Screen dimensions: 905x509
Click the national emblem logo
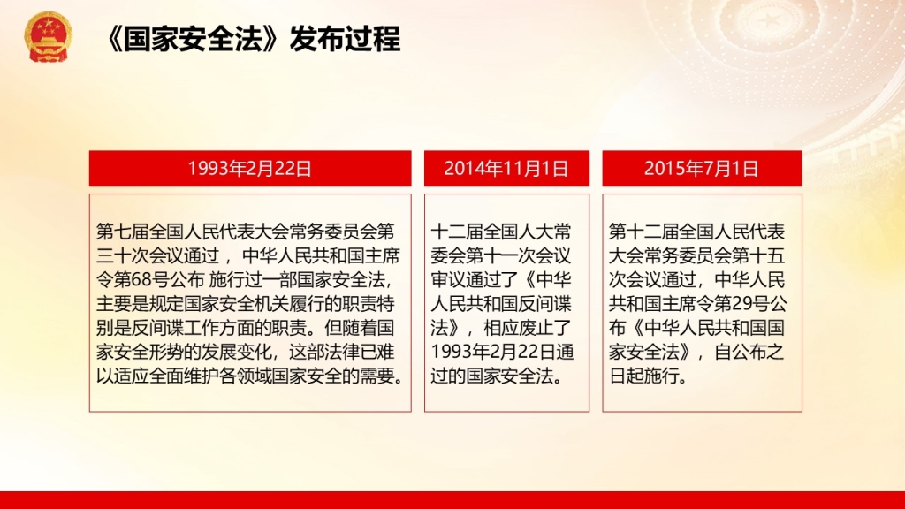pyautogui.click(x=49, y=36)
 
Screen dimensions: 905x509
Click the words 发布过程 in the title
pyautogui.click(x=346, y=39)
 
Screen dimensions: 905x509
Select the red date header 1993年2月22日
pyautogui.click(x=250, y=169)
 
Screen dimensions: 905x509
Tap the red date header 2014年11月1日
pyautogui.click(x=506, y=169)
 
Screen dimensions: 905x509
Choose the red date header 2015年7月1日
pyautogui.click(x=702, y=169)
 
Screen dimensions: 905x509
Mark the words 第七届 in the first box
pyautogui.click(x=122, y=232)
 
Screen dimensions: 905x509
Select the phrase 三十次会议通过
pyautogui.click(x=157, y=255)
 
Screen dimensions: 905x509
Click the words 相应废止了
pyautogui.click(x=527, y=329)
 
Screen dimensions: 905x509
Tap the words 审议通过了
pyautogui.click(x=475, y=280)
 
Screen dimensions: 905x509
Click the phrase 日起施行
pyautogui.click(x=644, y=376)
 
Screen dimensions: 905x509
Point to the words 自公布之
pyautogui.click(x=749, y=352)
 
